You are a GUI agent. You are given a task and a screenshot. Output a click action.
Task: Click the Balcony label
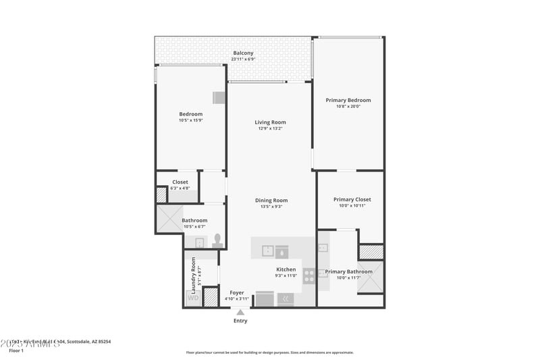click(243, 53)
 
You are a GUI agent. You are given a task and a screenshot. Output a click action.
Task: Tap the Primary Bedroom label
click(348, 100)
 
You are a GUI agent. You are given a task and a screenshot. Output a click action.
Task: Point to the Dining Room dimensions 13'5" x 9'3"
click(271, 207)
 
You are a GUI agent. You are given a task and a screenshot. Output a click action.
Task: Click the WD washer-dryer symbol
click(193, 298)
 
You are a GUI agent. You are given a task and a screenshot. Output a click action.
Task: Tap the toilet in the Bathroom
click(217, 240)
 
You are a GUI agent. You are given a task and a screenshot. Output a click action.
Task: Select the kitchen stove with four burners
click(308, 275)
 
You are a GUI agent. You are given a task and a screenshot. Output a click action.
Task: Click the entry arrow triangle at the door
click(240, 311)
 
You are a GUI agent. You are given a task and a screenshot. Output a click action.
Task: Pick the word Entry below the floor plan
click(240, 321)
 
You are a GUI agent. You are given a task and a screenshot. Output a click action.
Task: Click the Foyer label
click(236, 292)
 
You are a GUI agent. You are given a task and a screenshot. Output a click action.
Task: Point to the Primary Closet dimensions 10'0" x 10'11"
click(352, 206)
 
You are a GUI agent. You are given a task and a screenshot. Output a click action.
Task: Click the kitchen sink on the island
click(267, 251)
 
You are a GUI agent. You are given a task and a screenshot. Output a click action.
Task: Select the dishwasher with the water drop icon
click(282, 251)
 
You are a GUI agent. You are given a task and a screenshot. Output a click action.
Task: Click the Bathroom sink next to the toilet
click(200, 242)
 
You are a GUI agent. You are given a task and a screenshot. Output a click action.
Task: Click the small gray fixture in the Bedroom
click(219, 97)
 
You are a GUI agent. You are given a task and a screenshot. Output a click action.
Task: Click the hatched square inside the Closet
click(161, 195)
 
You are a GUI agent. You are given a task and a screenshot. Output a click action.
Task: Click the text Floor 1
click(16, 351)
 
